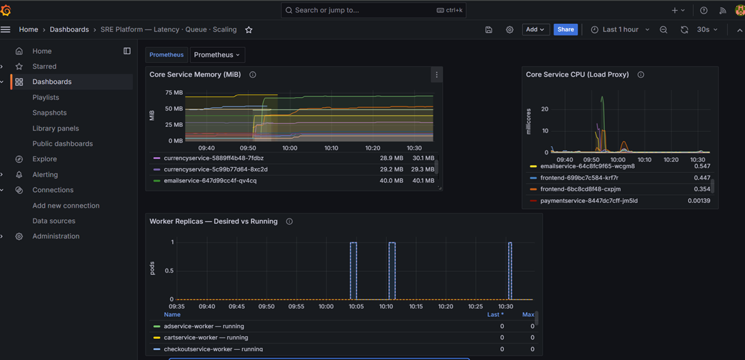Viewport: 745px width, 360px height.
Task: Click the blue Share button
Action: pyautogui.click(x=565, y=29)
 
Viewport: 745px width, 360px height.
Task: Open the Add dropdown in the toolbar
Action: pyautogui.click(x=535, y=29)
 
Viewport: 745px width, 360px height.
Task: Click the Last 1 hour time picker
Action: pyautogui.click(x=620, y=29)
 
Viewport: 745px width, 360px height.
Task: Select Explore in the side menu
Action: pyautogui.click(x=44, y=159)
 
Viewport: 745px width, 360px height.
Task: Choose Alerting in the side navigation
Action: pyautogui.click(x=45, y=174)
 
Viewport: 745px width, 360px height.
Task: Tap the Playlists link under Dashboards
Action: pyautogui.click(x=46, y=98)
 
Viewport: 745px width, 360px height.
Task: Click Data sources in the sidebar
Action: pyautogui.click(x=54, y=221)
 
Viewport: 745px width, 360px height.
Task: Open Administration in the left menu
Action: pyautogui.click(x=56, y=236)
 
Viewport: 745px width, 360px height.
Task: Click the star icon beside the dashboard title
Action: pyautogui.click(x=249, y=30)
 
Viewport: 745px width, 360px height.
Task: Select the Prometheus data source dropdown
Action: pyautogui.click(x=217, y=55)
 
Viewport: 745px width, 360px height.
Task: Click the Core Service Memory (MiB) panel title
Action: pyautogui.click(x=195, y=74)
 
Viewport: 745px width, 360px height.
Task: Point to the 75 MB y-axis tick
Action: pyautogui.click(x=174, y=93)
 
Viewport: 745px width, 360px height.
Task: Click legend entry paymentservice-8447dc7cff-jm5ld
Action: pyautogui.click(x=589, y=201)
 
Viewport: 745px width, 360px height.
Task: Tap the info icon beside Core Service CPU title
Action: pyautogui.click(x=641, y=74)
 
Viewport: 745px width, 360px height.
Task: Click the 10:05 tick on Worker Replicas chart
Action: pyautogui.click(x=356, y=306)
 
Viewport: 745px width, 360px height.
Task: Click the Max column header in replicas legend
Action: pyautogui.click(x=528, y=314)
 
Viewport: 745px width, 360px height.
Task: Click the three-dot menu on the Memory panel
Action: pyautogui.click(x=437, y=74)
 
